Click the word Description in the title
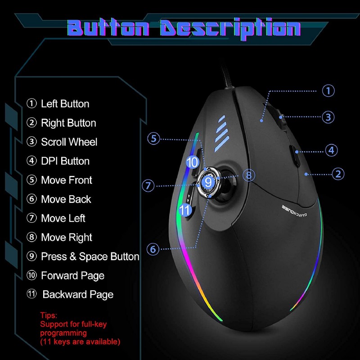click(x=229, y=27)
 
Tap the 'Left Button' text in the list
click(x=65, y=104)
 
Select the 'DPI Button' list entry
click(x=65, y=161)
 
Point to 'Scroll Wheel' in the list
click(x=69, y=142)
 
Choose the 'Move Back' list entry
click(x=66, y=199)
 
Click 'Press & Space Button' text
click(x=90, y=256)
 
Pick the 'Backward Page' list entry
click(x=77, y=295)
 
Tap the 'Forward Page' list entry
click(x=72, y=275)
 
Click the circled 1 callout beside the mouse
click(x=328, y=90)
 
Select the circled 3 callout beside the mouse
click(x=328, y=117)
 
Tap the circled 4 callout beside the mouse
click(x=331, y=150)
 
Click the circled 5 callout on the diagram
click(x=154, y=139)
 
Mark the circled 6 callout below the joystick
click(x=154, y=248)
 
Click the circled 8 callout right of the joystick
click(x=249, y=175)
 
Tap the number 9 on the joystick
click(x=207, y=182)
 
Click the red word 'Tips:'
click(x=49, y=315)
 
